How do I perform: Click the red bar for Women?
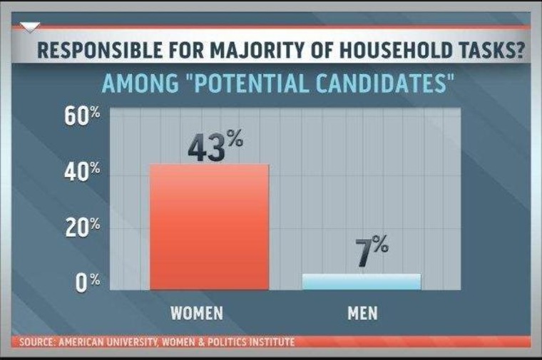click(209, 227)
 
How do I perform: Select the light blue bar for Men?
click(362, 282)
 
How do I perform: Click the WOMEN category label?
click(198, 313)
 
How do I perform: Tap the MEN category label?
click(362, 313)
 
